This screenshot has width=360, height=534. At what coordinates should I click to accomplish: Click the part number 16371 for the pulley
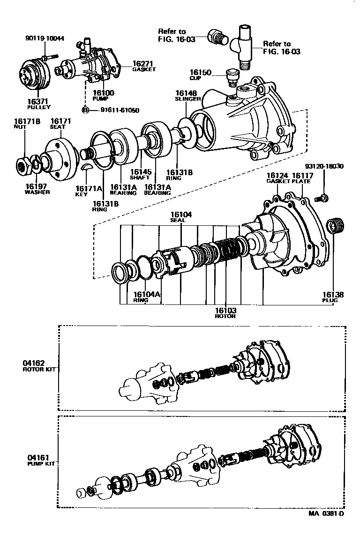(x=38, y=101)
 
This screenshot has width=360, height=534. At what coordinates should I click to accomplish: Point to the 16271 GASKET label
(x=143, y=66)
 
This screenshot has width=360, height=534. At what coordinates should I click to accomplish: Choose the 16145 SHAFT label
(x=140, y=174)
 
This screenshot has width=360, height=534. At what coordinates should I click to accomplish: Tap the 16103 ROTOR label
(x=225, y=312)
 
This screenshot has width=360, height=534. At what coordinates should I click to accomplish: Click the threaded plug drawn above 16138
(x=336, y=227)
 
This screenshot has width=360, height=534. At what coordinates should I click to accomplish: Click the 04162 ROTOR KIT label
(x=39, y=365)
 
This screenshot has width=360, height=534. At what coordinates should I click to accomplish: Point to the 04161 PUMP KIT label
(x=39, y=460)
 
